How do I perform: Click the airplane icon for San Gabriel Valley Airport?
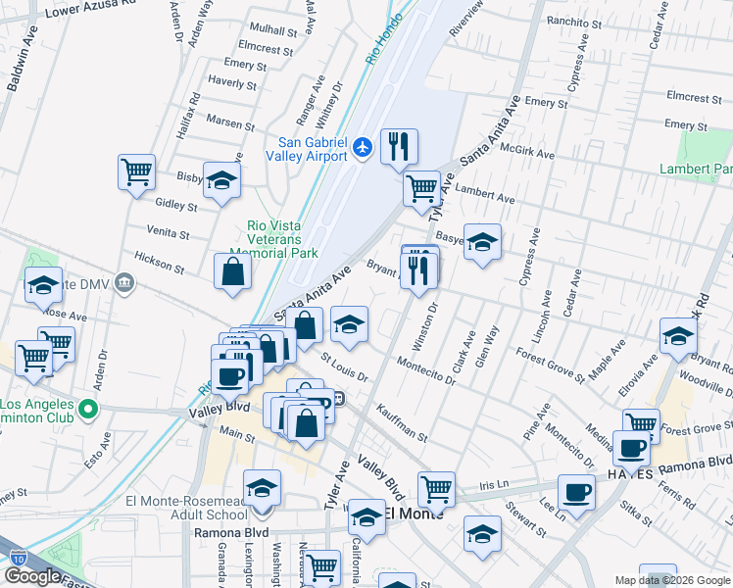(364, 147)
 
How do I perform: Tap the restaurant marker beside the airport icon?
(399, 147)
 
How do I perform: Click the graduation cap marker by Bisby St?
(222, 179)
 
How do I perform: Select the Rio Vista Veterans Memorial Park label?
(282, 239)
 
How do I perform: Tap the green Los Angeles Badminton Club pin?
(89, 409)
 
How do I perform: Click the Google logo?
(32, 576)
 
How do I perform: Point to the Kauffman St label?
(401, 421)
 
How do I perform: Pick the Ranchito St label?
(575, 23)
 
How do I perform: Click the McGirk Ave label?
(527, 155)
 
